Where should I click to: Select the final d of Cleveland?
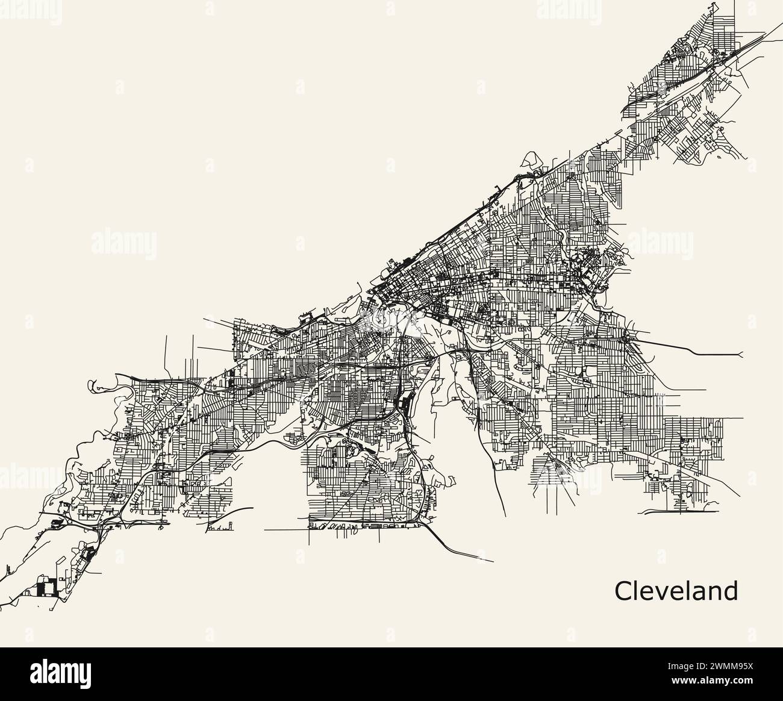[731, 591]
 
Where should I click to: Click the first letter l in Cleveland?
[637, 591]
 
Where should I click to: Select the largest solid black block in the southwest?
[44, 586]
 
